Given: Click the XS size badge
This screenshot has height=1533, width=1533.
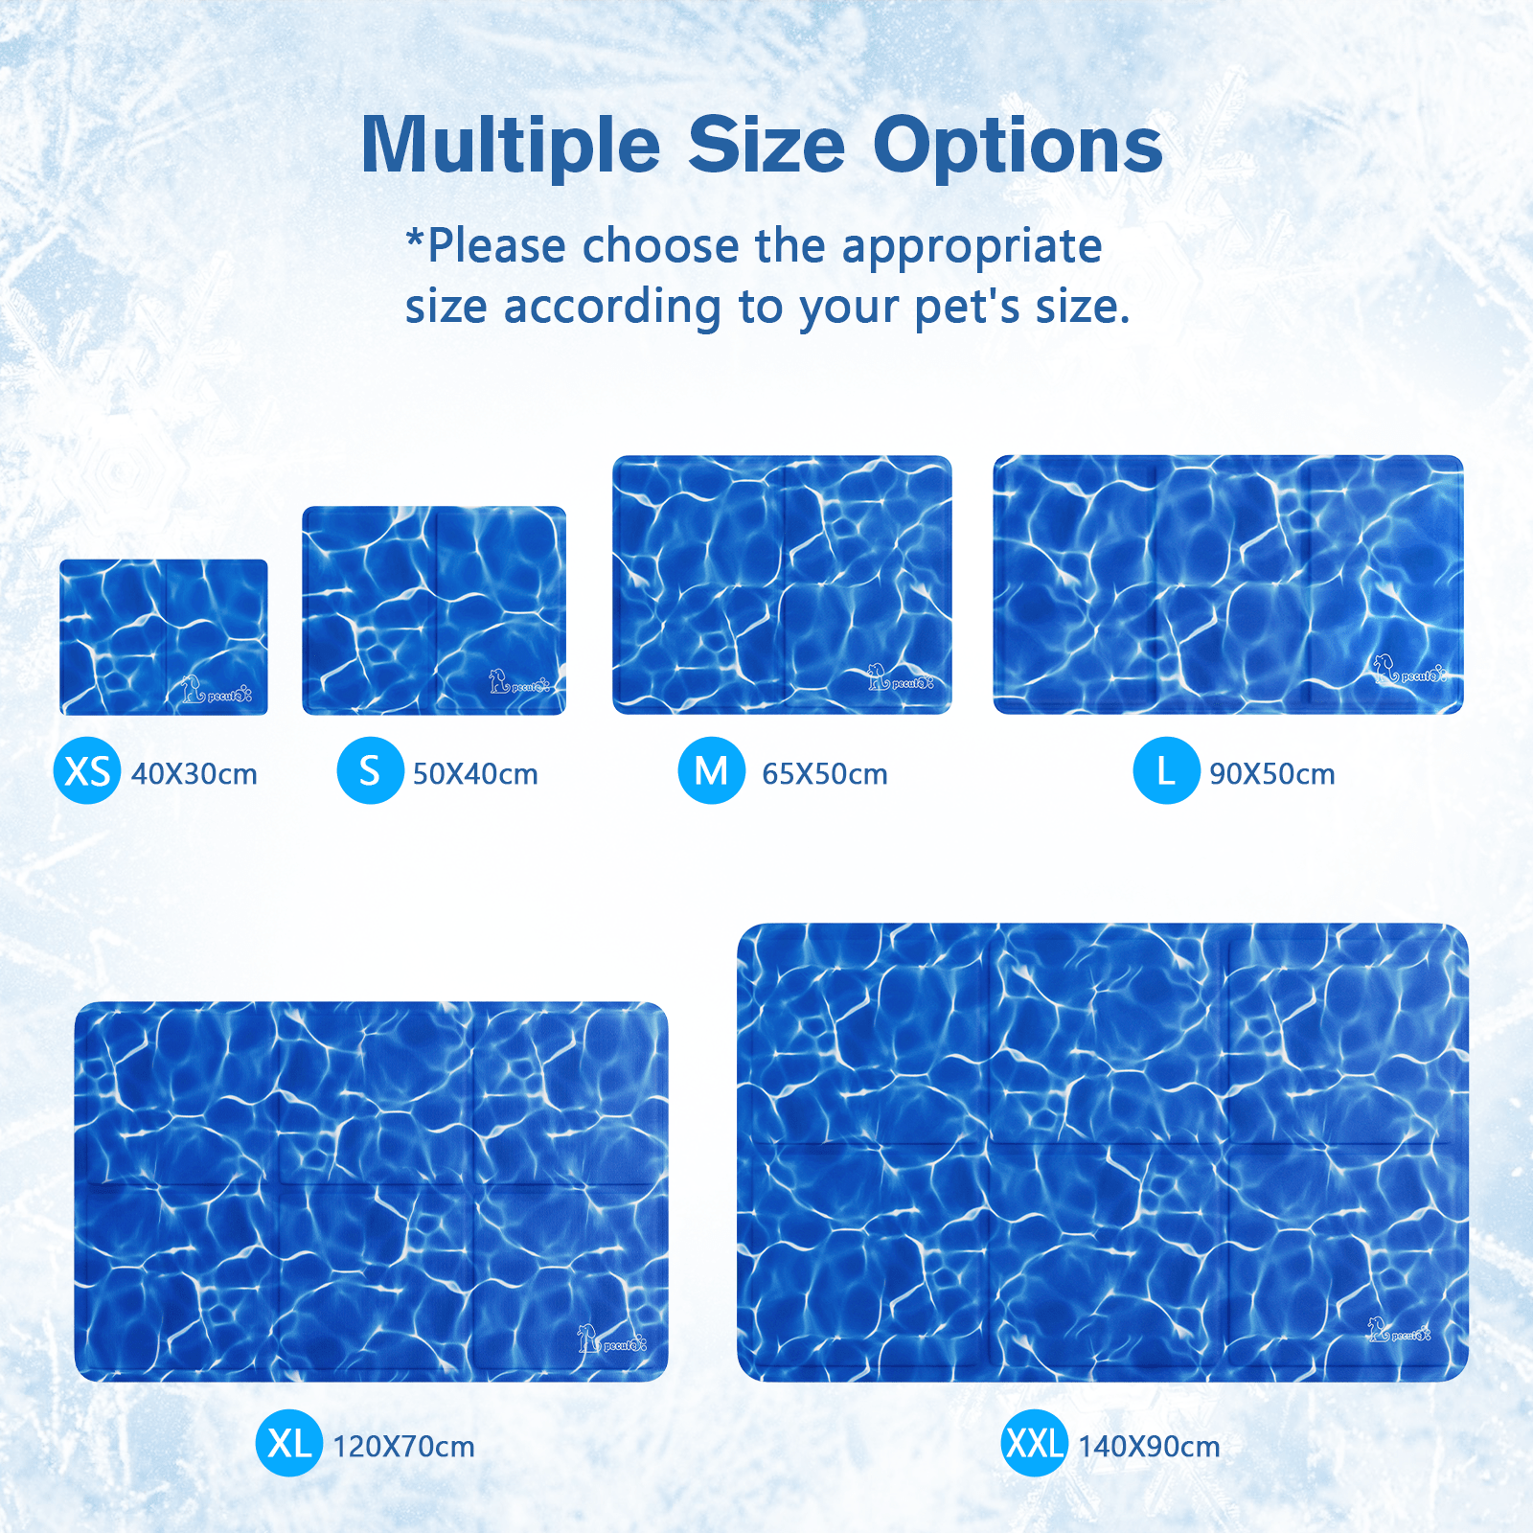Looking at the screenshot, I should coord(87,771).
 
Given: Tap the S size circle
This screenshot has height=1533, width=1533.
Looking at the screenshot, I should coord(370,771).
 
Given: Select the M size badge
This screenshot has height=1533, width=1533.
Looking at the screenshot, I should coord(712,771).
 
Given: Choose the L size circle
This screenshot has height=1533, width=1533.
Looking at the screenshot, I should coord(1166,771).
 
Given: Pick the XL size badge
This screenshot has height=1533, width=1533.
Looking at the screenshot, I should coord(288,1443).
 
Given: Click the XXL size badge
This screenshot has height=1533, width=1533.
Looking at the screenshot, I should coord(1035,1443).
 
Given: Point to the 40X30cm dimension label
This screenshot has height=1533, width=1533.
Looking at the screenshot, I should coord(194,774).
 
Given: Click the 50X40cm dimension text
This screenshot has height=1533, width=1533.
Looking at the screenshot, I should coord(475,774).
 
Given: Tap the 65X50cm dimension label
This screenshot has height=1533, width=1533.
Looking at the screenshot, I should coord(825,774).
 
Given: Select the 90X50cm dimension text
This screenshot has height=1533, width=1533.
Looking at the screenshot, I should coord(1272,774).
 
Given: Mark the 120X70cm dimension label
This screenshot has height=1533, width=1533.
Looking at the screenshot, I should coord(403,1447).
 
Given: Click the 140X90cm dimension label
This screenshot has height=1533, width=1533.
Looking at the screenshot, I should coord(1149,1447).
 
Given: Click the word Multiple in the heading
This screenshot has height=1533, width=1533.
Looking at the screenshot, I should coord(511,146).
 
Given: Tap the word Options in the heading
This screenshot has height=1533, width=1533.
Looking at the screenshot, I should coord(1018,146).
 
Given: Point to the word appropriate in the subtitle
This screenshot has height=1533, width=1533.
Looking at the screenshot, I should coord(972,246).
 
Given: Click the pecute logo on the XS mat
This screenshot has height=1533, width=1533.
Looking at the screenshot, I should coord(217,691).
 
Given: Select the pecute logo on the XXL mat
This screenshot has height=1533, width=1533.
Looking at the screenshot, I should coord(1399,1331).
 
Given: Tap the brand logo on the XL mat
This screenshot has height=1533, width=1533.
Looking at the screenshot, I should coord(611,1339).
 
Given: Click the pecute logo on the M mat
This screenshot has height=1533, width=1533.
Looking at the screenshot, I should coord(900,679).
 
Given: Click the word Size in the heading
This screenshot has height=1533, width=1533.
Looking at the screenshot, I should coord(766,146).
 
